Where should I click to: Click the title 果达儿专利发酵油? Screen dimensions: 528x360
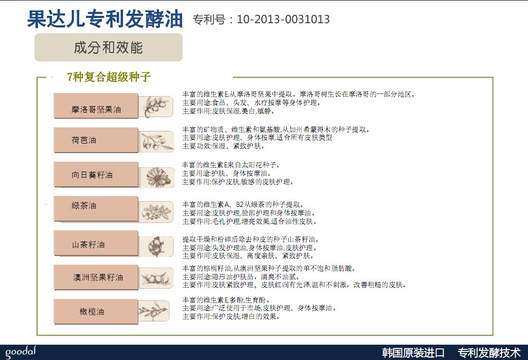(105, 19)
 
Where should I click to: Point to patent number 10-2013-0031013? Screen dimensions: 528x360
(283, 19)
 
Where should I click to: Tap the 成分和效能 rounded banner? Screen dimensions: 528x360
(108, 48)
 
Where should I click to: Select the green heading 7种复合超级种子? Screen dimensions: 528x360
(108, 77)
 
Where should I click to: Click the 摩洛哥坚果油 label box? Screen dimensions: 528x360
(96, 106)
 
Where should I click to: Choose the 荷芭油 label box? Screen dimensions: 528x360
(96, 140)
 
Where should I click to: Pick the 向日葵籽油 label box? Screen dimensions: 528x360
(96, 174)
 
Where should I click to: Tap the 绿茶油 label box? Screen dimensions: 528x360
(96, 209)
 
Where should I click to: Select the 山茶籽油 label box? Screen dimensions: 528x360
(96, 243)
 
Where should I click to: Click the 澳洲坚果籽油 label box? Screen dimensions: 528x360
(96, 277)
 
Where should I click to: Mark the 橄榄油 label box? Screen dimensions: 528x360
(96, 311)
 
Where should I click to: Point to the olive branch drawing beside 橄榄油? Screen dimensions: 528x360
(154, 311)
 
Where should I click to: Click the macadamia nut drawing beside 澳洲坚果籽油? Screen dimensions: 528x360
(156, 278)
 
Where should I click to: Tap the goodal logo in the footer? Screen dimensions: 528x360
(21, 352)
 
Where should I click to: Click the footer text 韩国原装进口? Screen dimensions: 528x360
(413, 353)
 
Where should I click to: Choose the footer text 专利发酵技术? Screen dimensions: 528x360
(489, 353)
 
